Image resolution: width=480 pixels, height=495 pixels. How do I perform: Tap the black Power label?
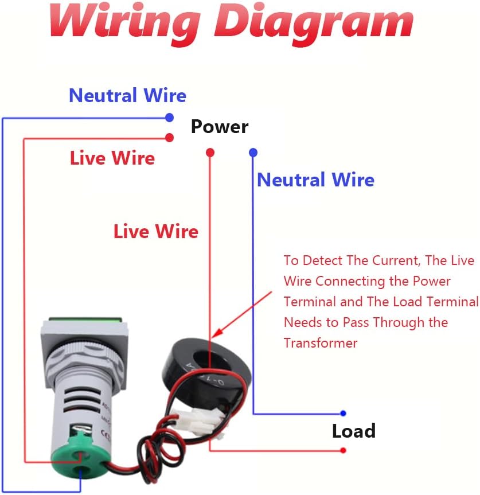coord(220,127)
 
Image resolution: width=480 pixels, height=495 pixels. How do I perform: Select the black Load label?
coord(353,431)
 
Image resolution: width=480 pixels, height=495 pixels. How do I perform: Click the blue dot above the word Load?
coord(343,414)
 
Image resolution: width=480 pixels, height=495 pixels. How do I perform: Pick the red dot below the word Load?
coord(343,450)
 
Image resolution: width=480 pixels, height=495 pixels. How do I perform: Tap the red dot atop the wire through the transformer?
coord(210,153)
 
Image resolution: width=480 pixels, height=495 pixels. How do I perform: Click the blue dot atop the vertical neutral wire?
coord(253,153)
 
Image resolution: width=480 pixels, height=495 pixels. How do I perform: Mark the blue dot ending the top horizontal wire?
coord(169,118)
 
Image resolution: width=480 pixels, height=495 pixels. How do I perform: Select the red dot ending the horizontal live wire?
coord(169,138)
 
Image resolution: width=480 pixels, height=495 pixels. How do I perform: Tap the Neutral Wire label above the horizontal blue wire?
coord(127,96)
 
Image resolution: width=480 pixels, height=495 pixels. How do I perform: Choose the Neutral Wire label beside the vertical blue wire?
coord(315,180)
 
